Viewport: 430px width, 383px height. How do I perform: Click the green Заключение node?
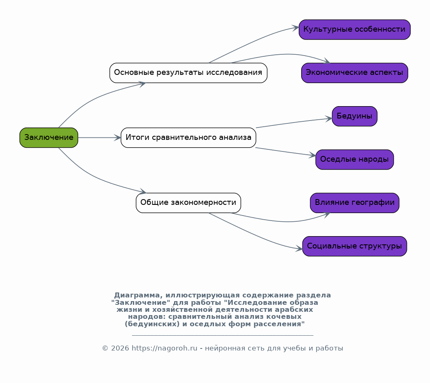49,138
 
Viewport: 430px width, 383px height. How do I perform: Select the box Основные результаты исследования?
188,73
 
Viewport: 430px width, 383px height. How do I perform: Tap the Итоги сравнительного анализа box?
188,138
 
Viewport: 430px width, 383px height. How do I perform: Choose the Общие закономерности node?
188,203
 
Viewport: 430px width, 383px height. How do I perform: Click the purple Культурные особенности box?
355,30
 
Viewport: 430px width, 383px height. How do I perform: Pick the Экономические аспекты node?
355,73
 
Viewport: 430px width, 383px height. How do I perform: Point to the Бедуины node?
355,116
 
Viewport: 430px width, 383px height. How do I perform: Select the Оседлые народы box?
355,160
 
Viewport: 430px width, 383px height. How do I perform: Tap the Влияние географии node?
355,203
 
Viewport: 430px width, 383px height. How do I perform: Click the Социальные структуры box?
355,246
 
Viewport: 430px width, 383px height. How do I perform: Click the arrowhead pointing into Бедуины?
328,119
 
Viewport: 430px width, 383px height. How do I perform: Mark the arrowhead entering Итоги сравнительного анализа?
117,138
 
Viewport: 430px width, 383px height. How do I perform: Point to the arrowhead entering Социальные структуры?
299,248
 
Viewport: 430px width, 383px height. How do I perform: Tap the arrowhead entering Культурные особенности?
295,28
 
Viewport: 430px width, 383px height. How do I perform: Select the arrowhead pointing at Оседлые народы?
312,155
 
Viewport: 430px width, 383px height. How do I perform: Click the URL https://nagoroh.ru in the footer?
165,348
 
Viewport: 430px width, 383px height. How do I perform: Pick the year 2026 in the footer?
120,348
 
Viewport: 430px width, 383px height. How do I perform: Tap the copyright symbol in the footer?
105,348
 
